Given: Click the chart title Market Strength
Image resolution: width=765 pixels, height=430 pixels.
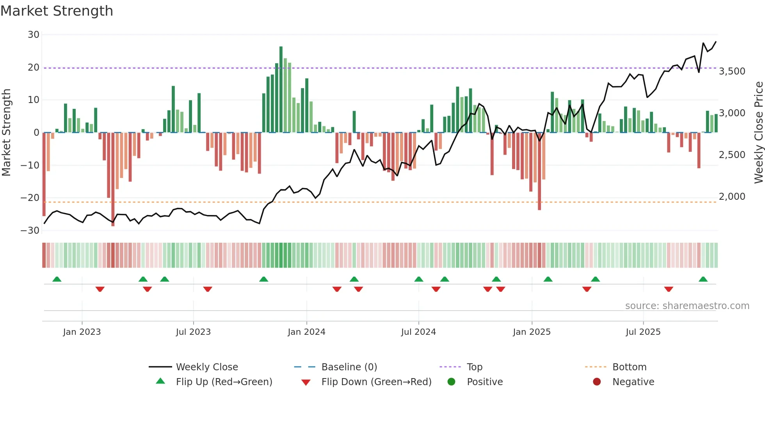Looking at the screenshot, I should [57, 11].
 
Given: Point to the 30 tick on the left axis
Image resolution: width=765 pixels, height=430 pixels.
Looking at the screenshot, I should [34, 35].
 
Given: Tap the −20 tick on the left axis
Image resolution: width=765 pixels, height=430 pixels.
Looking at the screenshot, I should [30, 198].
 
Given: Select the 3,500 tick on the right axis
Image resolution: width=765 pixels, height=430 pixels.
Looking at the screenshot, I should [732, 71].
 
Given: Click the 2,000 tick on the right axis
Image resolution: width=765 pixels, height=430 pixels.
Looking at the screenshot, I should [732, 197].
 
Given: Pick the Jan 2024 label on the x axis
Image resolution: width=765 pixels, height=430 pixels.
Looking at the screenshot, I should [306, 332].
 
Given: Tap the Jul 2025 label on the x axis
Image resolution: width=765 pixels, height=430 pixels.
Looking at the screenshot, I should [643, 332].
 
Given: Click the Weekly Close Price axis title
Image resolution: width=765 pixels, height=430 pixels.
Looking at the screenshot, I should [758, 133].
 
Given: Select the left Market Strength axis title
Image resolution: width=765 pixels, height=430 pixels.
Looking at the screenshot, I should [6, 133].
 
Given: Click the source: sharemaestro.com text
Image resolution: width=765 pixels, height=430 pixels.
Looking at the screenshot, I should [687, 306].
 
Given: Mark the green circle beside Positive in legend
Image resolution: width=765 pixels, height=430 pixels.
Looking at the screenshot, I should [452, 382].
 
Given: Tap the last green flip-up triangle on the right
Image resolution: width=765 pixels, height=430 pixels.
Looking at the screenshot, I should [703, 279].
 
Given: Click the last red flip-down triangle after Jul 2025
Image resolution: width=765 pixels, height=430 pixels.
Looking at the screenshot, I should [669, 289].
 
